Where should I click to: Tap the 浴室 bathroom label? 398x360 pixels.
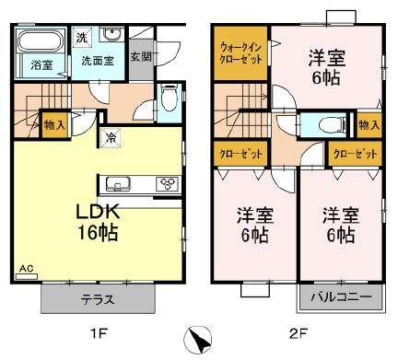coord(41,64)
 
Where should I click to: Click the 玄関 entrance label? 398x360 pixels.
coord(141,57)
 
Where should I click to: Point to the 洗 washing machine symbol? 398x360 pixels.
coord(81,38)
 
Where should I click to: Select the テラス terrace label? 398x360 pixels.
coord(96,300)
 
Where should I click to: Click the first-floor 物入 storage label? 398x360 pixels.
coord(53,122)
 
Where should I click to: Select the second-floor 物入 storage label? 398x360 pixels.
coord(369,123)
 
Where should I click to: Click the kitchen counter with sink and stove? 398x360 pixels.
coord(141,180)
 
